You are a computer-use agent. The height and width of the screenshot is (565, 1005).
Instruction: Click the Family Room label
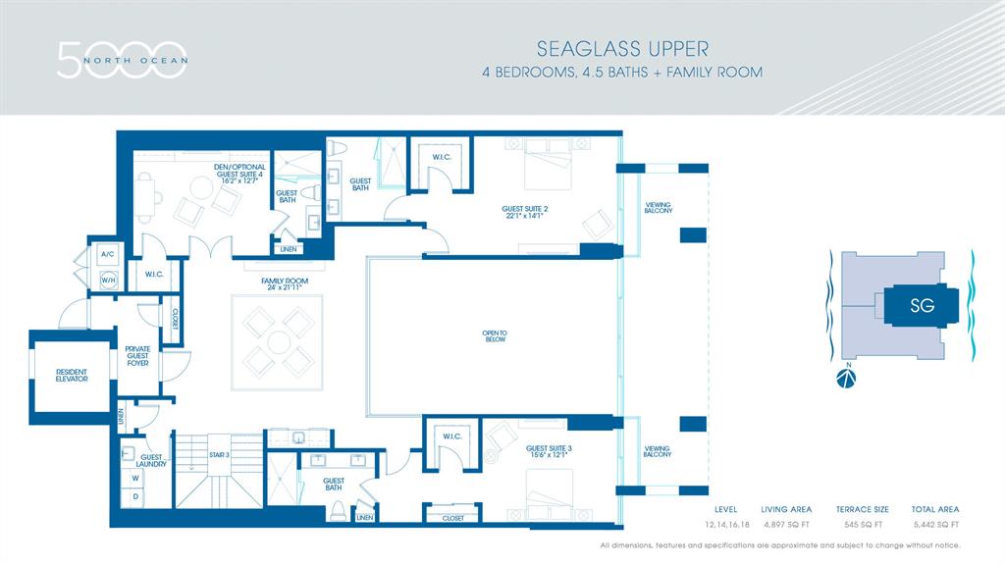pyautogui.click(x=285, y=284)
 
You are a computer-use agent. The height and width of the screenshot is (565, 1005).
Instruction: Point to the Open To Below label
pyautogui.click(x=494, y=334)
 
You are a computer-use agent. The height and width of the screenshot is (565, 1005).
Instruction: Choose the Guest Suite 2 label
pyautogui.click(x=524, y=212)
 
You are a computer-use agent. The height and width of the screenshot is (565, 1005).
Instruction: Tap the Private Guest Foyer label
pyautogui.click(x=136, y=356)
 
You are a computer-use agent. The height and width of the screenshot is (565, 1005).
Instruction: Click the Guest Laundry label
pyautogui.click(x=152, y=460)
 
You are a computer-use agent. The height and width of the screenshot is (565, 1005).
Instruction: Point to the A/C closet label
pyautogui.click(x=107, y=254)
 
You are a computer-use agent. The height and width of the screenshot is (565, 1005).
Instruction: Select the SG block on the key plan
pyautogui.click(x=921, y=305)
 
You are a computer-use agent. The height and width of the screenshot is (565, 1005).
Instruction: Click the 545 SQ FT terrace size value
pyautogui.click(x=862, y=525)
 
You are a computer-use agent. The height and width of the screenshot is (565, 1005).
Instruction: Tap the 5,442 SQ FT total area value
pyautogui.click(x=934, y=525)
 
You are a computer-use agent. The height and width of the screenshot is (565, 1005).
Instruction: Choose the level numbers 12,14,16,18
pyautogui.click(x=725, y=525)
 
